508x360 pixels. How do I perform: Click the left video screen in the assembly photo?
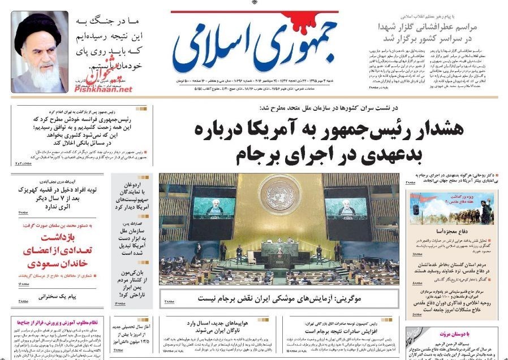[214, 208]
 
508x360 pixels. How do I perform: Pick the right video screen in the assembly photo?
[345, 208]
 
